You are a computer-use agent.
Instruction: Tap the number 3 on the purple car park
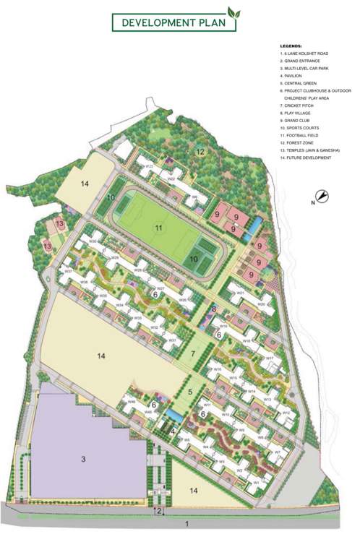83,459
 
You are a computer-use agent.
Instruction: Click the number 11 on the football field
158,228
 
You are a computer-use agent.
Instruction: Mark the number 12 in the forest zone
200,151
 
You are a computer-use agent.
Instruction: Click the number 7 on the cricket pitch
193,354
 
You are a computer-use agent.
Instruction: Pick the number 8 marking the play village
214,309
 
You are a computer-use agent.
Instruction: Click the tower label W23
149,167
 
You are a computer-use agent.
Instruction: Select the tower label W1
255,483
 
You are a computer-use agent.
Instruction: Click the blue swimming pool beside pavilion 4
174,418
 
